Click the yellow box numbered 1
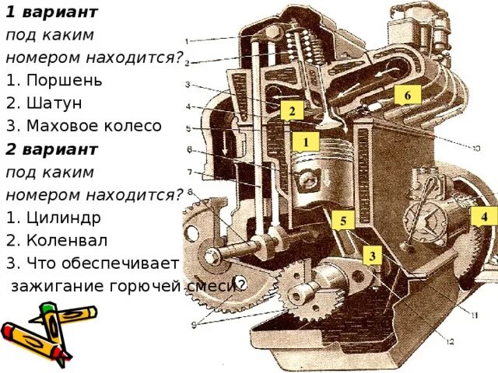pyautogui.click(x=307, y=142)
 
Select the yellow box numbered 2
pyautogui.click(x=292, y=112)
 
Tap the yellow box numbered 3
pyautogui.click(x=373, y=256)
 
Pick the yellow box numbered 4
pyautogui.click(x=483, y=217)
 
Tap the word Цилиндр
pyautogui.click(x=66, y=217)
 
